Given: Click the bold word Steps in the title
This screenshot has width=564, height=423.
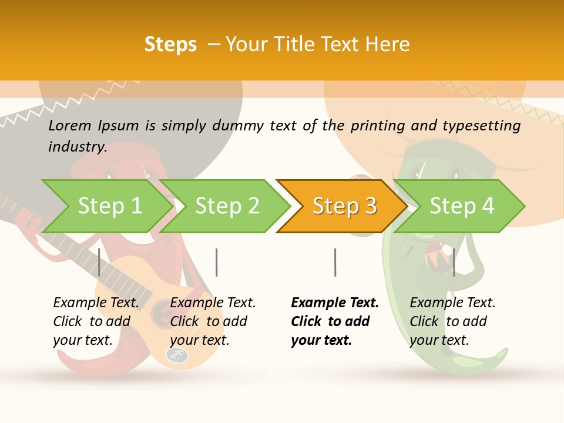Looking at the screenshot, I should [170, 45].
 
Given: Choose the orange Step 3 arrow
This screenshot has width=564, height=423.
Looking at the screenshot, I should [344, 206].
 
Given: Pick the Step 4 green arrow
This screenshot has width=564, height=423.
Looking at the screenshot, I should [462, 206].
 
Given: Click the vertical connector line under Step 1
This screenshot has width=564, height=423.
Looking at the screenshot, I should [99, 262].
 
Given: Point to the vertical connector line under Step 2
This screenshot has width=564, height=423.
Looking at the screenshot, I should [217, 262].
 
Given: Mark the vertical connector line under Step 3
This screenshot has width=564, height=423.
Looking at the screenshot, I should [335, 262].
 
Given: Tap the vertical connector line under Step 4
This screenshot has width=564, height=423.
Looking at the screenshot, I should [454, 262].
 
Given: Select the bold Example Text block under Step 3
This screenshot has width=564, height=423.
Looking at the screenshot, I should [335, 321].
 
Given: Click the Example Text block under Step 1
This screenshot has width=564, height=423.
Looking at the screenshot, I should [96, 321].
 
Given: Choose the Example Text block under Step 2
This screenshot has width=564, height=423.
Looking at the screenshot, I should [213, 321].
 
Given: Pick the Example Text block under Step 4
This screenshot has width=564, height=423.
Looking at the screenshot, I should [452, 321].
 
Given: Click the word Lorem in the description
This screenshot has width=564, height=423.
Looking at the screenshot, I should [70, 126].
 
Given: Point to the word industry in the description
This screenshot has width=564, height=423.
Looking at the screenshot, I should [78, 147].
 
